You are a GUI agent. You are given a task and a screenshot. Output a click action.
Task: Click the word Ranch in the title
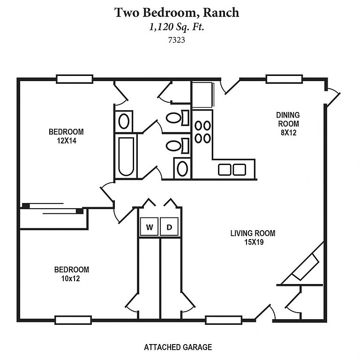221,13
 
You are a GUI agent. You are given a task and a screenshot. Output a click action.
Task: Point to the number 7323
177,40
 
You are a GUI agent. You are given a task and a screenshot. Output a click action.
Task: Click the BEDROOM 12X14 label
66,135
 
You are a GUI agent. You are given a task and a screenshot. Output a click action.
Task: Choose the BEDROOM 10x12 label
72,274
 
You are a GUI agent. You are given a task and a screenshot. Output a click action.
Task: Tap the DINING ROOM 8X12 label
287,123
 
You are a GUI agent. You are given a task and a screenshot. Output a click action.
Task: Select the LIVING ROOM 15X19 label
253,237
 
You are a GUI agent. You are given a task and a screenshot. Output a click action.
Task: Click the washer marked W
150,227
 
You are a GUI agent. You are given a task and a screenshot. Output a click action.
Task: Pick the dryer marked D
170,227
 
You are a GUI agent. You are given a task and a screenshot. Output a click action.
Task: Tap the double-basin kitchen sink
232,170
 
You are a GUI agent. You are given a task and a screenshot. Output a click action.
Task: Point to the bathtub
125,156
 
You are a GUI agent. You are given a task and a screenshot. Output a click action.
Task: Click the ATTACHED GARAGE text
178,347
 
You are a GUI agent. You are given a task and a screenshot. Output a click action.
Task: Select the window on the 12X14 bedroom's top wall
74,79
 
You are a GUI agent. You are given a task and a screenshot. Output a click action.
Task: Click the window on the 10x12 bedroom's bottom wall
73,320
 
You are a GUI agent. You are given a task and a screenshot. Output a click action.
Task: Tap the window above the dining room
284,79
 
